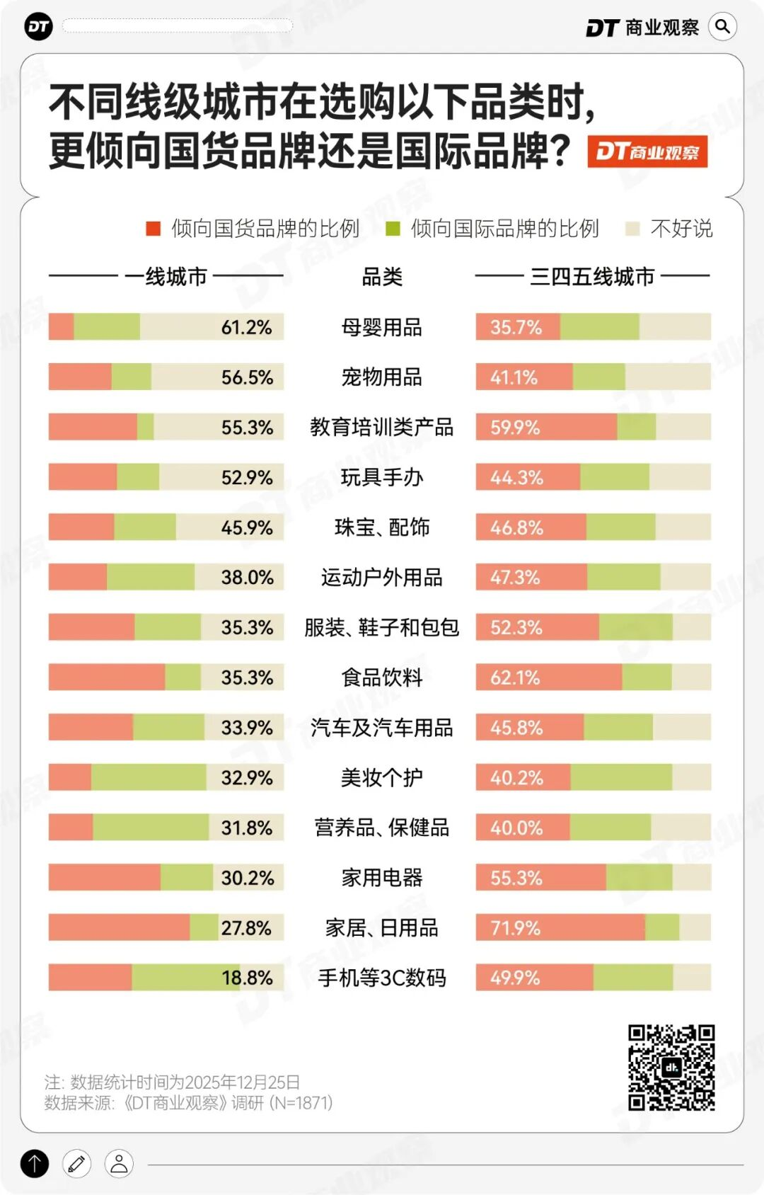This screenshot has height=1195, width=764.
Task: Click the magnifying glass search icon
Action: click(x=722, y=27)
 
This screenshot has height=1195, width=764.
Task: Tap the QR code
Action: click(x=671, y=1068)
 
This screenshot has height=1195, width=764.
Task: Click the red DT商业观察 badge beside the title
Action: click(x=647, y=151)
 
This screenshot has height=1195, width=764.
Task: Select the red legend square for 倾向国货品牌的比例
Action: click(x=153, y=228)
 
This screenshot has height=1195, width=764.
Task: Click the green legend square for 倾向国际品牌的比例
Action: click(x=393, y=228)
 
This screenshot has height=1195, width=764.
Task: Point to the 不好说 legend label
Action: click(x=681, y=228)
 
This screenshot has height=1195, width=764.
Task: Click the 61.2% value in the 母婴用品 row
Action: click(x=246, y=327)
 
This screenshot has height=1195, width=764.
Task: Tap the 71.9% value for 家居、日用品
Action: click(x=515, y=927)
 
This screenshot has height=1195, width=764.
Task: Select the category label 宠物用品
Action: click(x=381, y=377)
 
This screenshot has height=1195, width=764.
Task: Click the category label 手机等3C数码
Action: click(x=381, y=978)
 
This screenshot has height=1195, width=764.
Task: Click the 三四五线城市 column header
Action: click(x=592, y=276)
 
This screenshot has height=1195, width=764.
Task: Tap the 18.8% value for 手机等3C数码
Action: click(x=246, y=978)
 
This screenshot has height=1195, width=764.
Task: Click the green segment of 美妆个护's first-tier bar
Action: click(x=149, y=777)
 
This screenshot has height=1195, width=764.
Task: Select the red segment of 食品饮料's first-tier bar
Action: click(x=106, y=677)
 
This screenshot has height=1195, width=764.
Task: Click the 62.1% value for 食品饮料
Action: click(x=515, y=677)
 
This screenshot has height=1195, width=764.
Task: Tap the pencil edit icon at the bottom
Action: click(x=76, y=1163)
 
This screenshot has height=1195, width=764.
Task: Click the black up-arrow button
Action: click(x=35, y=1163)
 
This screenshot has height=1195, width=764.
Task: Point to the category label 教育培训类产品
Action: click(x=381, y=428)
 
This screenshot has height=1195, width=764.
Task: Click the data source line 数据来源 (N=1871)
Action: click(x=188, y=1103)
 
